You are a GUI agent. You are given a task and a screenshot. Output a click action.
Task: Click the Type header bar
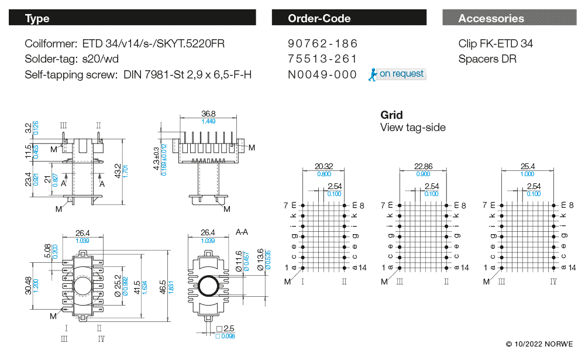point(132,18)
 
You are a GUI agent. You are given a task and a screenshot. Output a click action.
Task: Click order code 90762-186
point(322,44)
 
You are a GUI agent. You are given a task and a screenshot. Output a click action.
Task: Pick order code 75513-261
point(322,59)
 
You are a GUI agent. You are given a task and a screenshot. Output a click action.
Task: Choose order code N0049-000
point(322,74)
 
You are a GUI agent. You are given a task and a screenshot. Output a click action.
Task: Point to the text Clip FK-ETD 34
point(495,44)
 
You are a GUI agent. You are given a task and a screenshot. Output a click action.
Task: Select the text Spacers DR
point(487,59)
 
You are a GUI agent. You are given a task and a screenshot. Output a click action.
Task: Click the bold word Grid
point(391,115)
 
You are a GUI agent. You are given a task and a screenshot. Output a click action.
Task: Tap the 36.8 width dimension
point(208,114)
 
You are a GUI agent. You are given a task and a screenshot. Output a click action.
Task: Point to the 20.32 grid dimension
point(324,166)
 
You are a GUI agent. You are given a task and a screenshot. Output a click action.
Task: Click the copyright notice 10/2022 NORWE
point(539,344)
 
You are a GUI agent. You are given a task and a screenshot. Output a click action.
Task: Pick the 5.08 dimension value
point(47,251)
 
